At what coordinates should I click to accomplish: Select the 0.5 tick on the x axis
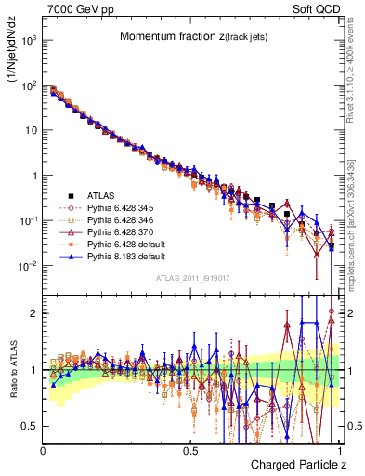click(191, 450)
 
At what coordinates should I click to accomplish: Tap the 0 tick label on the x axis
click(44, 450)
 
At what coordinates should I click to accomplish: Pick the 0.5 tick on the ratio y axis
click(32, 426)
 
